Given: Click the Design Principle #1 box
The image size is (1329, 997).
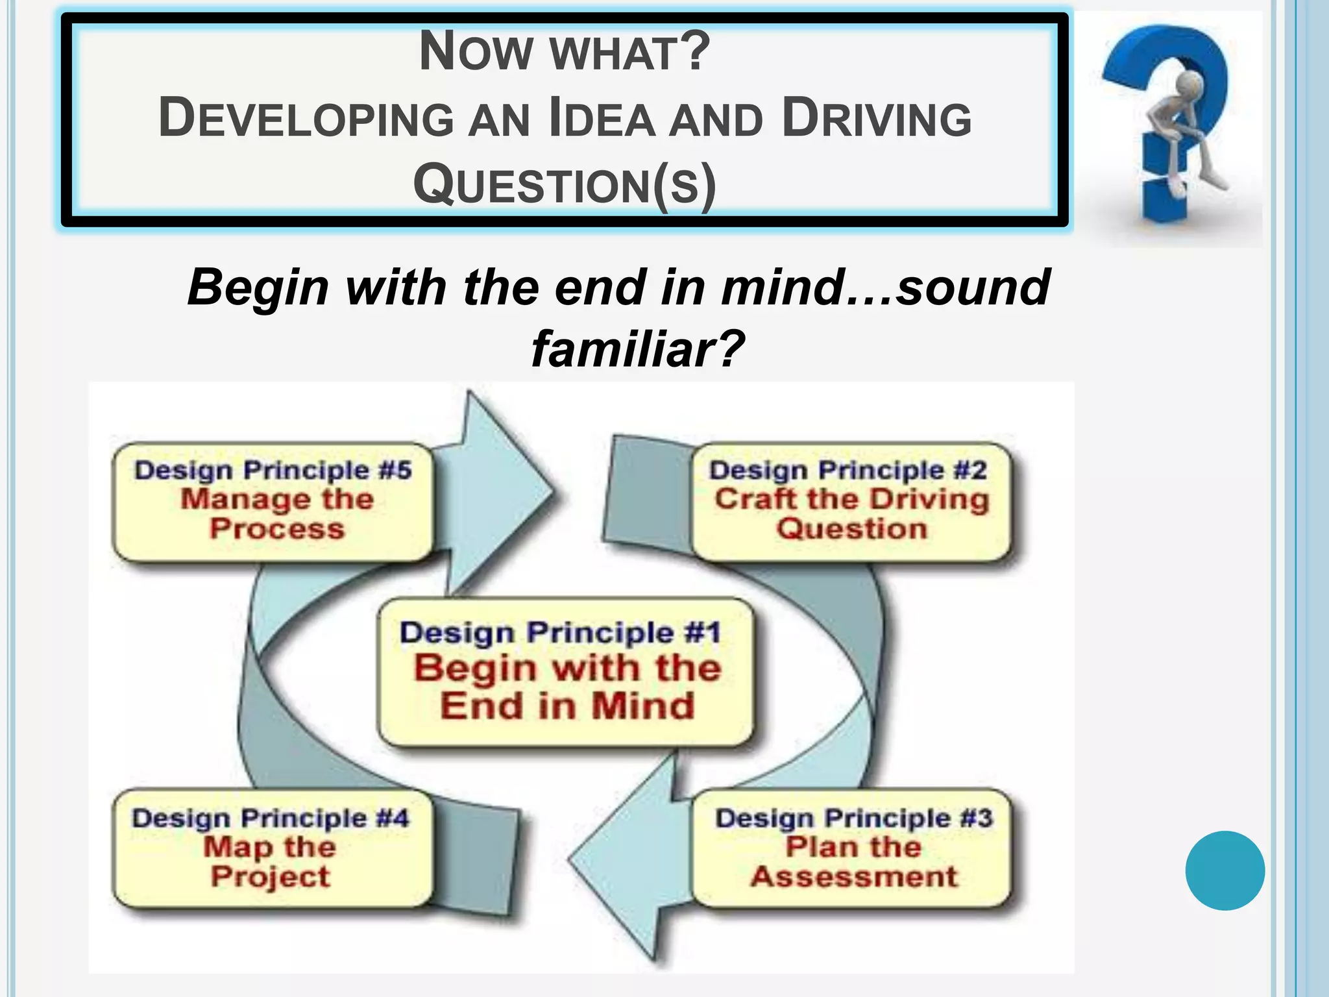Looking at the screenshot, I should (566, 672).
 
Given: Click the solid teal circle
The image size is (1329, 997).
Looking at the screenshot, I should (1225, 870).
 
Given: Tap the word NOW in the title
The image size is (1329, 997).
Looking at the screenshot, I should (476, 52).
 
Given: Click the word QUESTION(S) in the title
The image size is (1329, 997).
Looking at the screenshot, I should (565, 186).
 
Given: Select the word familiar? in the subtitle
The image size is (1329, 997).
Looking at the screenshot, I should (637, 349).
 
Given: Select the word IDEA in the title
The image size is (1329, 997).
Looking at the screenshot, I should (602, 119).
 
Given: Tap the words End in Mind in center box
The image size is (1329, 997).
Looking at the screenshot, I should (567, 706).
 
